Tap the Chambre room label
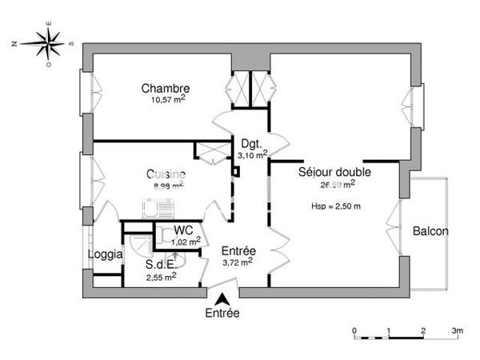point(165,88)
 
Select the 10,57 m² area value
point(168,99)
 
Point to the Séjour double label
point(334,172)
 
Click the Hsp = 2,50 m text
point(336,206)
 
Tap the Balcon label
point(430,231)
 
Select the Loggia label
point(105,254)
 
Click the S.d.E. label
point(160,265)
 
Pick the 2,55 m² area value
point(161,277)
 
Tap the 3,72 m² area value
point(237,260)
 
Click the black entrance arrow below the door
point(221,298)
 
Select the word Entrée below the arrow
point(222,314)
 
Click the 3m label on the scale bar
point(457,330)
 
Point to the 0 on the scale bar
point(354,330)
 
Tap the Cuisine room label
point(166,174)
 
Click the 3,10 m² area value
point(250,156)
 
